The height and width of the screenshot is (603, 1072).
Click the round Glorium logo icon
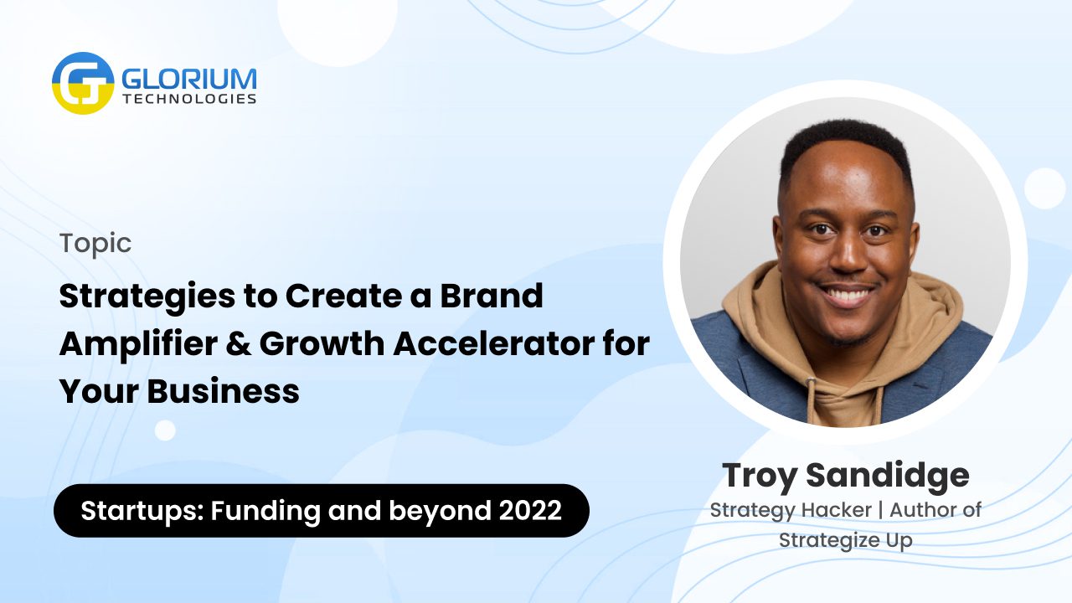pos(83,83)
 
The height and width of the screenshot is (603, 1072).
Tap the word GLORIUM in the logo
pos(189,79)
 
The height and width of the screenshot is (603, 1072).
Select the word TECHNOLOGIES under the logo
pos(189,99)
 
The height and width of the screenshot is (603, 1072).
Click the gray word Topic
pos(95,245)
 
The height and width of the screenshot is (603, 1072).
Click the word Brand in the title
pos(492,295)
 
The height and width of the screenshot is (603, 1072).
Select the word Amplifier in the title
pos(139,345)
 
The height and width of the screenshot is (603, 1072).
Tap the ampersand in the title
pos(239,343)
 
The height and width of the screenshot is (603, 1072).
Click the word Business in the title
pos(223,391)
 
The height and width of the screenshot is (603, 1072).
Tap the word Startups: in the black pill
pos(142,512)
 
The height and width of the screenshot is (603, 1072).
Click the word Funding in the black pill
pos(265,512)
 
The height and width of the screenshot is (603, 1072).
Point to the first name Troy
pos(760,477)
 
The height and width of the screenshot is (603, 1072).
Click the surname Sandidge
pos(888,477)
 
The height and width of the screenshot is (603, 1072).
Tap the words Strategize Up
pos(846,541)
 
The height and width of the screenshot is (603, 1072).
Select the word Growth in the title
pos(322,343)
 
